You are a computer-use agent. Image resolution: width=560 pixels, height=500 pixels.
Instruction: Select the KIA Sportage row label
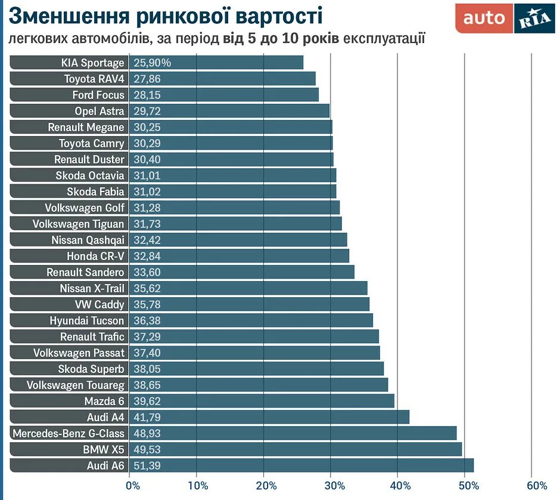coord(92,63)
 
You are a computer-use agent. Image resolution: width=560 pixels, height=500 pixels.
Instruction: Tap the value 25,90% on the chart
coord(153,63)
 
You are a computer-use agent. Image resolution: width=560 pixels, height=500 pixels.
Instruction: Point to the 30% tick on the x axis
coord(333,485)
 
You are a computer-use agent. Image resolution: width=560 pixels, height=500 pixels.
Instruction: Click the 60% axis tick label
coord(537,485)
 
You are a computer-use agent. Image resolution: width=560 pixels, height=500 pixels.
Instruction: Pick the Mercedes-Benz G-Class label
coord(69,433)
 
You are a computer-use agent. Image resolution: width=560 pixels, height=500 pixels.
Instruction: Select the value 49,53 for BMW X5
coord(147,449)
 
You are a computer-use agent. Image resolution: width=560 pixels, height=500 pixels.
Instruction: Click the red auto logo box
coord(484,18)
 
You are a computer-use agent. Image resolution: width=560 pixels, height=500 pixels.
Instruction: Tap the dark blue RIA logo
coord(534,18)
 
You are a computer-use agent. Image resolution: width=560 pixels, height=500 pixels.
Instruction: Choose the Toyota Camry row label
coord(92,143)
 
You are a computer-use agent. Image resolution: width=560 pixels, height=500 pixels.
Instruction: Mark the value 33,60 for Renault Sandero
coord(147,272)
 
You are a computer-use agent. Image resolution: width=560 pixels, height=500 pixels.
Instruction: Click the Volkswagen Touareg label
coord(76,385)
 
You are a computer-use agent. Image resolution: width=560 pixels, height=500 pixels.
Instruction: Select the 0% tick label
coord(132,485)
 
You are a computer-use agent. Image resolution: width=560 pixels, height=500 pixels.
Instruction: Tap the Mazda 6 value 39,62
coord(147,401)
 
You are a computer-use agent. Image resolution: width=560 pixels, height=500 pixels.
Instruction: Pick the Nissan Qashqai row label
coord(88,240)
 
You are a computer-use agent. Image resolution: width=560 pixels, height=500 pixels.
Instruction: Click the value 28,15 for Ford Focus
coord(147,95)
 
